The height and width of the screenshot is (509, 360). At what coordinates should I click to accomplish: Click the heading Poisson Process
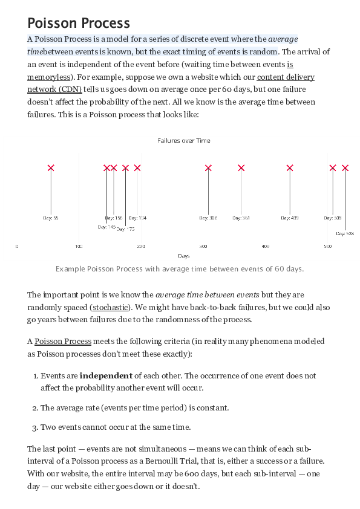(x=79, y=23)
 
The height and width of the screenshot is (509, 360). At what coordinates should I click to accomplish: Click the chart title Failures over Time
(x=184, y=140)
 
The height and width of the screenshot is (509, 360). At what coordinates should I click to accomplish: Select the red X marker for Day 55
(x=51, y=168)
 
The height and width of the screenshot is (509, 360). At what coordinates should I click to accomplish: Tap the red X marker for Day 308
(x=208, y=168)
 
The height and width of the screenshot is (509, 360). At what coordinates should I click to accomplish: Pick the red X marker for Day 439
(x=290, y=168)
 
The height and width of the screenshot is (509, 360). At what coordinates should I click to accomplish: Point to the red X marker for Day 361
(x=241, y=168)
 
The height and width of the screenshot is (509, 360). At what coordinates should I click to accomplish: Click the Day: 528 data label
(x=345, y=233)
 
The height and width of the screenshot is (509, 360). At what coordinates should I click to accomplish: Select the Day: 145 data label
(x=106, y=227)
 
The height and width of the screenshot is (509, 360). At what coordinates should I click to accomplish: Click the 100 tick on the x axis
(x=79, y=246)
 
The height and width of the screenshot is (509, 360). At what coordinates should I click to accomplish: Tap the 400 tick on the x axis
(x=265, y=246)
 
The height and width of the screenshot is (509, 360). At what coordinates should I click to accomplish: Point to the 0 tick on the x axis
(x=17, y=246)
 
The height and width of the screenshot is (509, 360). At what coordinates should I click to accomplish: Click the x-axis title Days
(x=184, y=256)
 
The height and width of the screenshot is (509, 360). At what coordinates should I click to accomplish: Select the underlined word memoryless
(x=48, y=77)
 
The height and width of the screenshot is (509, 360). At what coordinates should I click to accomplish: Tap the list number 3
(x=34, y=427)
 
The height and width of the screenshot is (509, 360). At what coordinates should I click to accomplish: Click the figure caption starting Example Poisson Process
(x=180, y=268)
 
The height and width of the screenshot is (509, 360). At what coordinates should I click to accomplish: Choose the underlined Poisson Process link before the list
(x=63, y=342)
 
